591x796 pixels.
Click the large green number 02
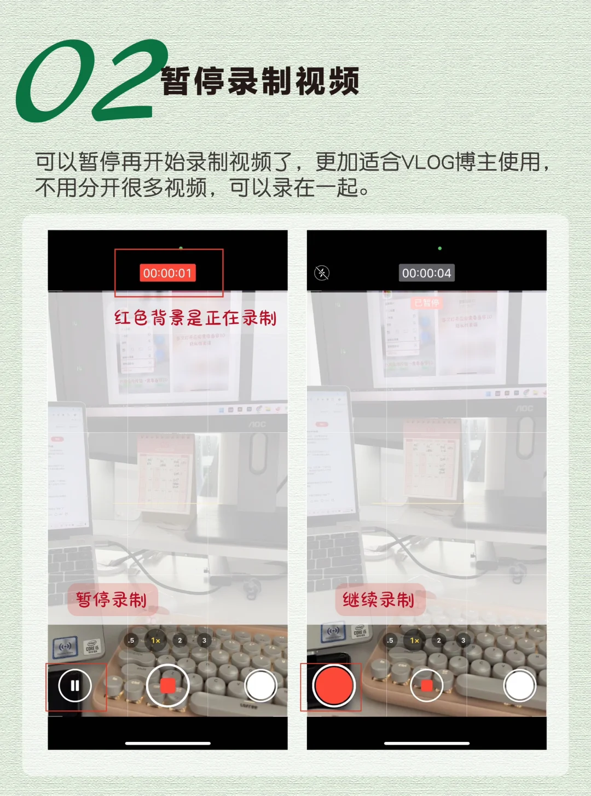(x=90, y=80)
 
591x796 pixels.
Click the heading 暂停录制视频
(x=260, y=82)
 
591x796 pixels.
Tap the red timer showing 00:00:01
(x=167, y=273)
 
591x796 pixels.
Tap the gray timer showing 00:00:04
(x=426, y=273)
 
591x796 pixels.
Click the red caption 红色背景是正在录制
(x=195, y=318)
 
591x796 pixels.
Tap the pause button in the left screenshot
(x=75, y=685)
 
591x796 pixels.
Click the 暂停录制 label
(x=112, y=600)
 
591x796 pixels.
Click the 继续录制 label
(x=379, y=600)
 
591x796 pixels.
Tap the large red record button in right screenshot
(x=333, y=685)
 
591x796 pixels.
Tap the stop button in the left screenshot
(x=167, y=685)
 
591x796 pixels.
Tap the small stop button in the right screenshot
(x=426, y=685)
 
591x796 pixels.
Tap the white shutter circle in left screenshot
(x=260, y=685)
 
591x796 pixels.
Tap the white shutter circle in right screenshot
(x=519, y=685)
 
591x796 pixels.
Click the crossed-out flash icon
(x=322, y=272)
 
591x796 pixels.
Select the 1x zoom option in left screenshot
(x=155, y=640)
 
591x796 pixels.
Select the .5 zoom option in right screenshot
(x=390, y=640)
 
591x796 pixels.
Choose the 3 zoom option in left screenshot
(x=204, y=640)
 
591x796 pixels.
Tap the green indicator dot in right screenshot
(x=439, y=248)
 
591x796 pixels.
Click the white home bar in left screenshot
(x=167, y=743)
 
